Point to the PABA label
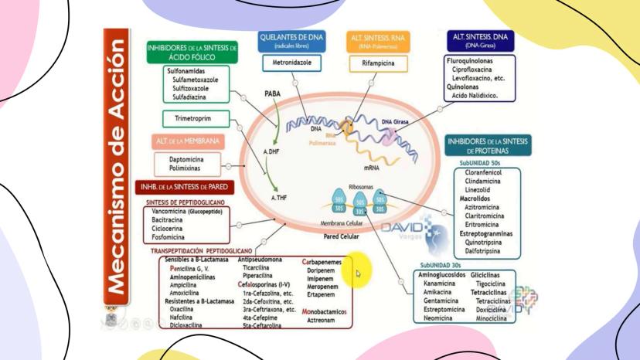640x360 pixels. [273, 93]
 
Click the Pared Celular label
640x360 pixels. [341, 236]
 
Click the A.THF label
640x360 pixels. [280, 199]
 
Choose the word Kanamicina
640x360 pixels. [438, 284]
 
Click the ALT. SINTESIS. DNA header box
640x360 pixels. [482, 40]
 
